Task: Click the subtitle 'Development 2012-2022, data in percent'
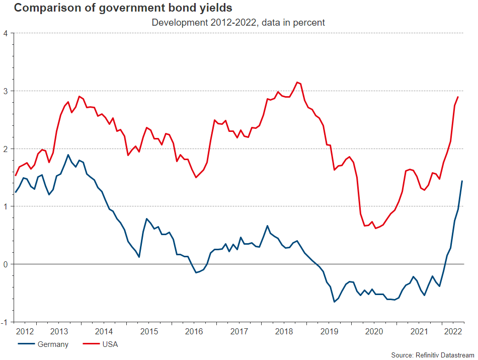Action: tap(238, 23)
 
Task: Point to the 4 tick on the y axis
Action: tap(6, 33)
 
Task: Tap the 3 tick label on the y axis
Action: tap(6, 91)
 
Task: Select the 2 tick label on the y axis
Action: tap(6, 149)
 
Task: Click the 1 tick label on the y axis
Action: tap(6, 206)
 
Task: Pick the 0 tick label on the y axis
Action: tap(6, 264)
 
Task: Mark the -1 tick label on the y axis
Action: tap(5, 322)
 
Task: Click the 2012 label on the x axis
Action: tap(25, 332)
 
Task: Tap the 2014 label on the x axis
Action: tap(104, 332)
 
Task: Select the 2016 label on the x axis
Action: tap(194, 332)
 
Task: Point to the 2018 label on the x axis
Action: tap(284, 332)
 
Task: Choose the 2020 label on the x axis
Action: tap(374, 332)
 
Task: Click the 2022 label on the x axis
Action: tap(453, 332)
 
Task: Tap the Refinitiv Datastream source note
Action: tap(432, 355)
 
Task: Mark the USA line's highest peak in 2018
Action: tap(297, 82)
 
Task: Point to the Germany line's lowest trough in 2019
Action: tap(334, 302)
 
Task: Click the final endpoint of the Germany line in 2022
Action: tap(462, 181)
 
